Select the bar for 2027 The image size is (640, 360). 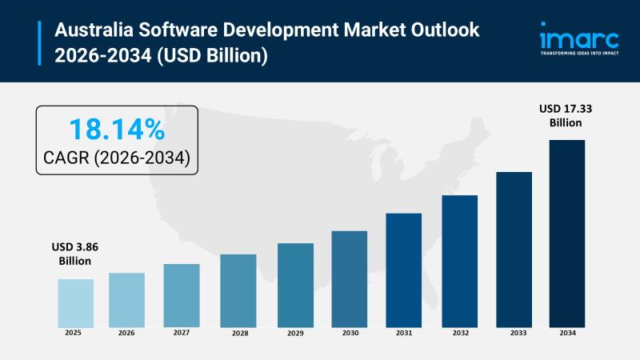pyautogui.click(x=182, y=295)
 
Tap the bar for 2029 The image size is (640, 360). pyautogui.click(x=295, y=285)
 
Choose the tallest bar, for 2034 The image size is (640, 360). pyautogui.click(x=566, y=233)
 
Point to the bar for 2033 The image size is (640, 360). pyautogui.click(x=514, y=249)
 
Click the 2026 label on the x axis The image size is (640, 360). pyautogui.click(x=126, y=333)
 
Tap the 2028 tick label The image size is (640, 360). pyautogui.click(x=238, y=333)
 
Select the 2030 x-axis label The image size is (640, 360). pyautogui.click(x=349, y=333)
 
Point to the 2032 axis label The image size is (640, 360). pyautogui.click(x=459, y=333)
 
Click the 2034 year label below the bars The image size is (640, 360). pyautogui.click(x=566, y=333)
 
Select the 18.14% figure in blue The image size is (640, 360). pyautogui.click(x=116, y=130)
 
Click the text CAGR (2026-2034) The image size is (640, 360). pyautogui.click(x=116, y=158)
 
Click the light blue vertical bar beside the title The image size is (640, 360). pyautogui.click(x=39, y=43)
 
